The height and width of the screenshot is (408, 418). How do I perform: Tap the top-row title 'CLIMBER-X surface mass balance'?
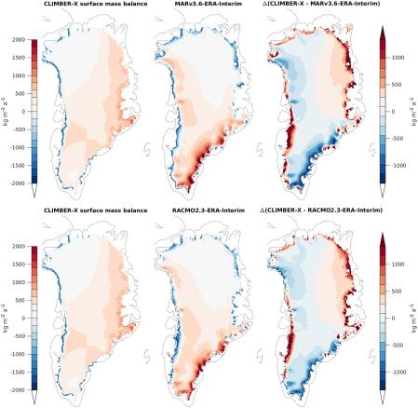click(84, 5)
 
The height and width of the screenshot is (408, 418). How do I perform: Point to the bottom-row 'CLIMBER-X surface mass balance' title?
click(84, 211)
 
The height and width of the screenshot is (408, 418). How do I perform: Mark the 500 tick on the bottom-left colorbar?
click(18, 300)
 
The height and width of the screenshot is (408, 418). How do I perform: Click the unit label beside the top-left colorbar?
click(5, 111)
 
